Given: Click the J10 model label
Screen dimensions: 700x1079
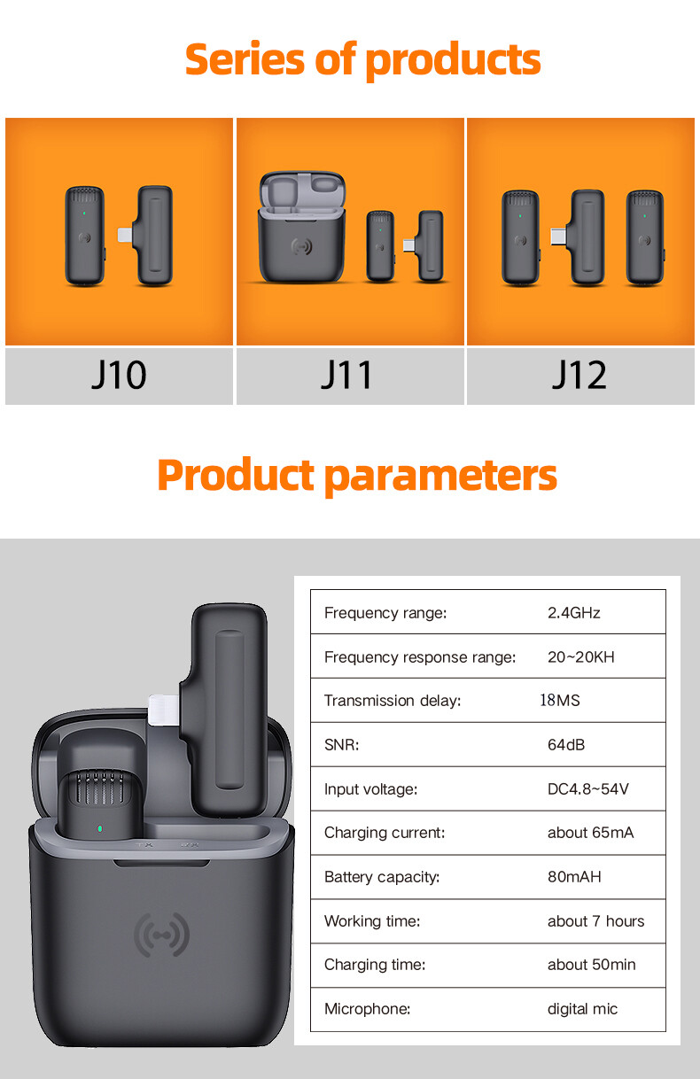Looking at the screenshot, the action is (x=119, y=375).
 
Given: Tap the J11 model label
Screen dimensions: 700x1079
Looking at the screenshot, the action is (x=346, y=375).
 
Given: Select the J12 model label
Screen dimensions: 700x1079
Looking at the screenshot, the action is (x=579, y=375).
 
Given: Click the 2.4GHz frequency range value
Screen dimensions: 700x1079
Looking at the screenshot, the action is (x=574, y=613).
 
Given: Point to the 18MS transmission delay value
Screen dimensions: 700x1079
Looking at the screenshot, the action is (x=560, y=701).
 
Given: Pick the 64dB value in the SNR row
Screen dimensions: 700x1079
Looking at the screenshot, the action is (x=566, y=745).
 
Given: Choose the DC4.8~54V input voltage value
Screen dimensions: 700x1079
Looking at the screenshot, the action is (x=588, y=789).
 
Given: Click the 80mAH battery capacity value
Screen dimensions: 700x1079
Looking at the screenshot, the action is (x=574, y=877).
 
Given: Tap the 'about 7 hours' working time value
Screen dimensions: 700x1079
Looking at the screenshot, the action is (x=596, y=921).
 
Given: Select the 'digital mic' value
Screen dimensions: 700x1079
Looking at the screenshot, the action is (x=582, y=1009).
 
